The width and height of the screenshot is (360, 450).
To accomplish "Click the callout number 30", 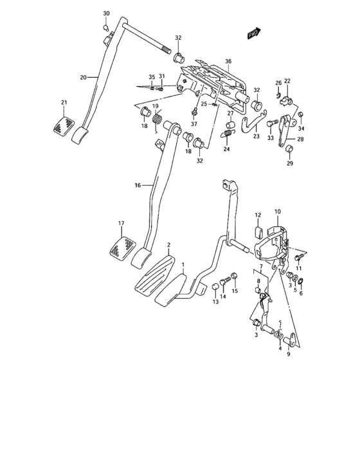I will pyautogui.click(x=107, y=14).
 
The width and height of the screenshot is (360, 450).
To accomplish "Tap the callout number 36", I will pyautogui.click(x=228, y=61).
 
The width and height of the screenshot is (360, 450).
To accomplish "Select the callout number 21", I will pyautogui.click(x=64, y=102).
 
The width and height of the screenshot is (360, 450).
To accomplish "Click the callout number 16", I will pyautogui.click(x=138, y=185).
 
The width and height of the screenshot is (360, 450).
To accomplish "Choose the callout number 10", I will pyautogui.click(x=278, y=212).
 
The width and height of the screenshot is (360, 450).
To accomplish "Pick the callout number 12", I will pyautogui.click(x=256, y=215).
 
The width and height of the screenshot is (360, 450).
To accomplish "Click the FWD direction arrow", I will pyautogui.click(x=254, y=33).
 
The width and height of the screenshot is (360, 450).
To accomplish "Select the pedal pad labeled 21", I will pyautogui.click(x=63, y=125).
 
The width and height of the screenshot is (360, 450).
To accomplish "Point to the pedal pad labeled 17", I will pyautogui.click(x=122, y=248).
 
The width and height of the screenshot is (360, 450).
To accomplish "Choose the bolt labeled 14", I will pyautogui.click(x=224, y=281).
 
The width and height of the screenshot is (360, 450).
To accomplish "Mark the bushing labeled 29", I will pyautogui.click(x=289, y=151).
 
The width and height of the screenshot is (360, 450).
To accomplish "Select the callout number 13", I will pyautogui.click(x=215, y=301).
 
